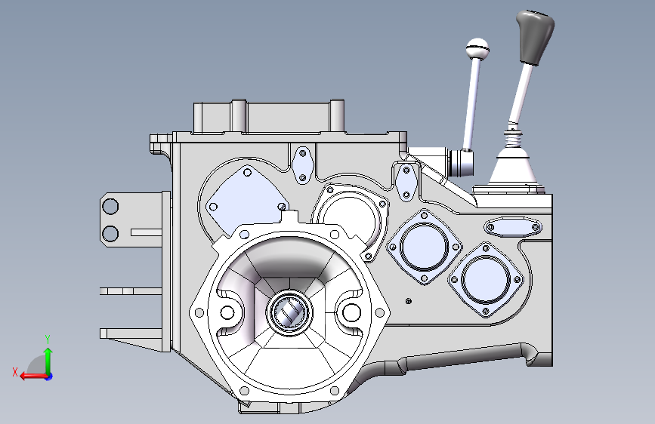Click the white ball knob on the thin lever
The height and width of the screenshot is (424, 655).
click(477, 49)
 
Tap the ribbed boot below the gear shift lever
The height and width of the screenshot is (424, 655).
click(514, 138)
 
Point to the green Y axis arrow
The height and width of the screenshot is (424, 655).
click(48, 361)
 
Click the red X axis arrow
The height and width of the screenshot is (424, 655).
click(34, 376)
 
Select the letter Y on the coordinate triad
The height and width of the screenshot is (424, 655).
click(48, 340)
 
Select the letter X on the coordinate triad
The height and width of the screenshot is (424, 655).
click(15, 372)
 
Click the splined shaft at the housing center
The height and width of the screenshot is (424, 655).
click(290, 312)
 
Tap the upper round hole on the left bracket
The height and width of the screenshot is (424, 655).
click(110, 206)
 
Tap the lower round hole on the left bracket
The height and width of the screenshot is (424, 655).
click(110, 234)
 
